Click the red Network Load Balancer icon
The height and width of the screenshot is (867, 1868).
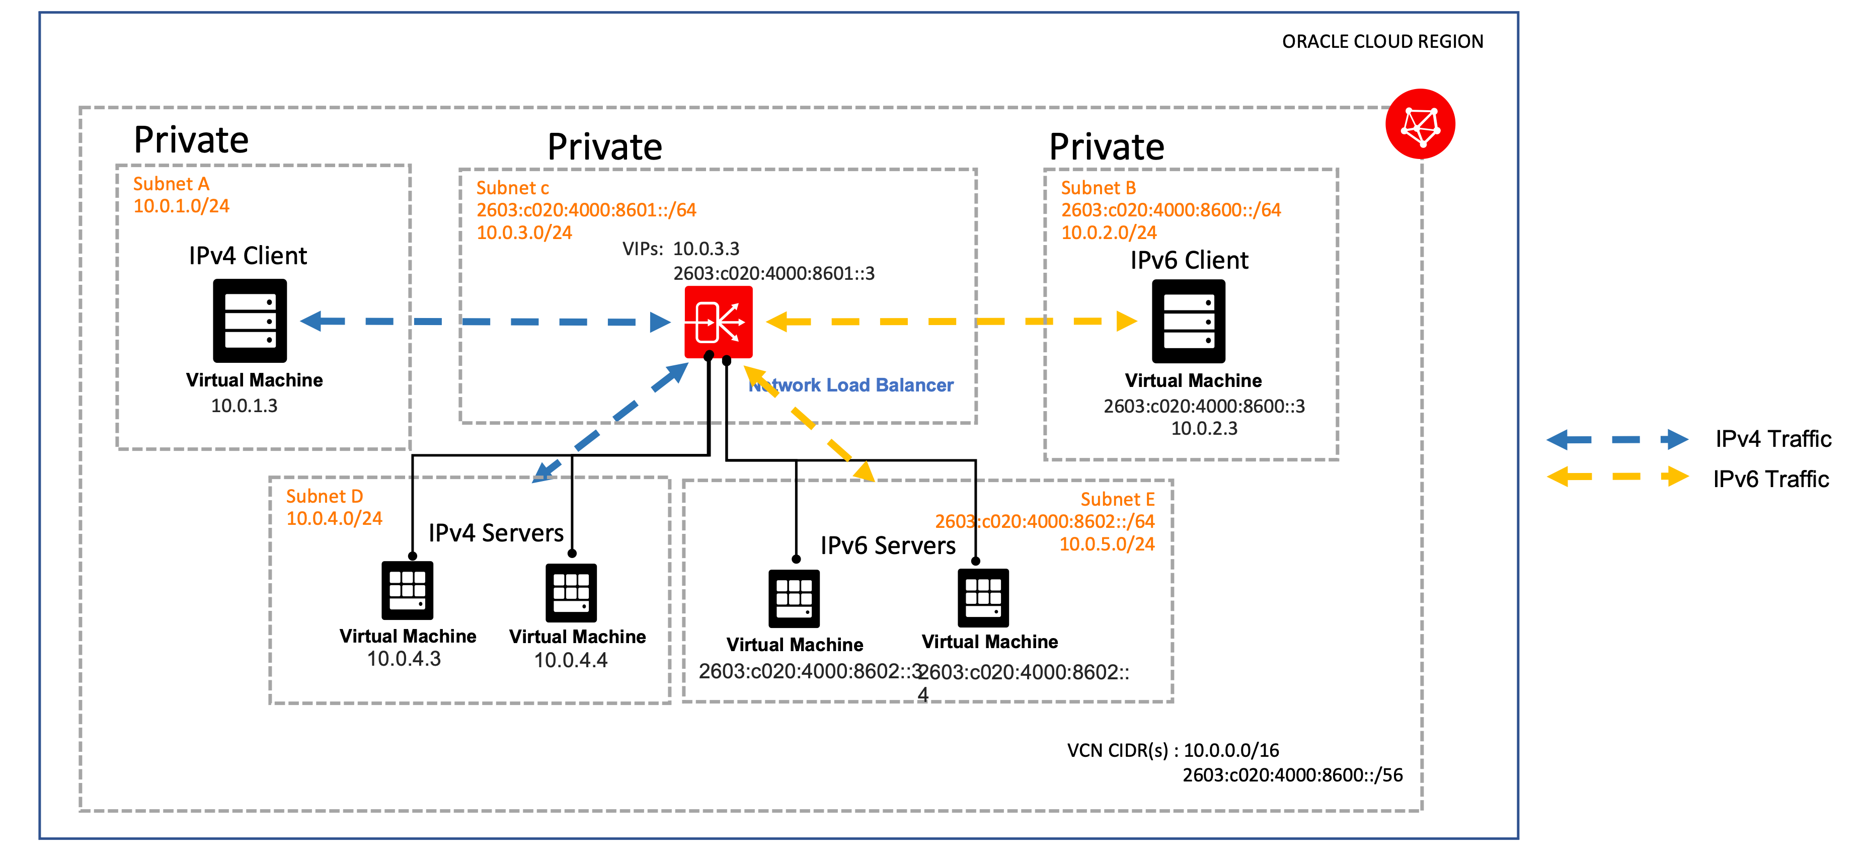[x=718, y=322]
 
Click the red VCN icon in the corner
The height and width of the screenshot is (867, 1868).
[x=1420, y=124]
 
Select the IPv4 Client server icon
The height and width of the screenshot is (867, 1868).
[x=250, y=321]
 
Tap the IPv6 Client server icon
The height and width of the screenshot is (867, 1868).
[x=1189, y=321]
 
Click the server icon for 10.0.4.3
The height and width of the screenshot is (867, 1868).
[x=408, y=590]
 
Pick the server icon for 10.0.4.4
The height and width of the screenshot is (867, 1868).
[x=572, y=592]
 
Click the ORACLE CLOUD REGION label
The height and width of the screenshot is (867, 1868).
[x=1382, y=41]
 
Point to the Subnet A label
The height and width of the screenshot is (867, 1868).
[x=171, y=184]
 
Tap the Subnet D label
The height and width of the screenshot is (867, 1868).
[x=324, y=497]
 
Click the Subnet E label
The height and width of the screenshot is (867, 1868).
[x=1117, y=500]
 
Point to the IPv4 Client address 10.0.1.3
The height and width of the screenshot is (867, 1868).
[x=245, y=406]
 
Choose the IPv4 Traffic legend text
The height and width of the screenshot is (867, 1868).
[x=1773, y=439]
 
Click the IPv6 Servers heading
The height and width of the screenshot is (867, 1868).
[x=888, y=546]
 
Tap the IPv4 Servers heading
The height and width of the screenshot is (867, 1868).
[x=496, y=533]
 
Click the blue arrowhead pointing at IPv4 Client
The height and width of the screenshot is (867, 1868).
[x=313, y=321]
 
